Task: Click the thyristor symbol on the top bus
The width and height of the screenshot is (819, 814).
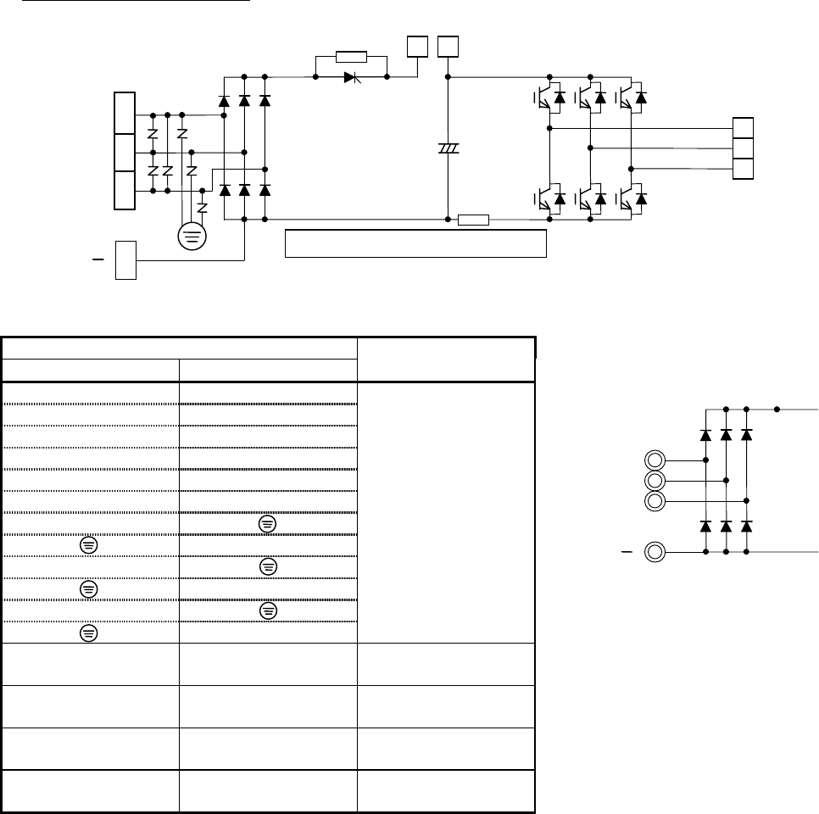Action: click(x=350, y=77)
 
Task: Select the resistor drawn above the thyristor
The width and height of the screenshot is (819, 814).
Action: click(x=350, y=57)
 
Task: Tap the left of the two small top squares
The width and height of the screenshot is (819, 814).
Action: click(x=416, y=47)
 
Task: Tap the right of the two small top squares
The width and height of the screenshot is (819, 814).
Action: click(x=447, y=47)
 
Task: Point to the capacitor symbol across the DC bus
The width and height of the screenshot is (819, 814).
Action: click(x=448, y=148)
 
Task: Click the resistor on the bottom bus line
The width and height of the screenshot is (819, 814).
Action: click(x=473, y=220)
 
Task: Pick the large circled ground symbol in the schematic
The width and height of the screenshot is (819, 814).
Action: click(x=192, y=235)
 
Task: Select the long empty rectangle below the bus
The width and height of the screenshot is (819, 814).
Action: click(x=415, y=243)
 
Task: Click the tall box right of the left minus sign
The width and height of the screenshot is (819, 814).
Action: click(x=125, y=259)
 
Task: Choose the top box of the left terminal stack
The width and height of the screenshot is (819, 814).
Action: click(x=125, y=113)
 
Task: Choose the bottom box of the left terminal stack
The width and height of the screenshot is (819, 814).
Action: click(x=125, y=191)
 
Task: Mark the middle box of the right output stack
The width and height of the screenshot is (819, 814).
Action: click(x=743, y=148)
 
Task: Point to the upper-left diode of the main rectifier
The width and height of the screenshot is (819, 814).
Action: click(x=225, y=101)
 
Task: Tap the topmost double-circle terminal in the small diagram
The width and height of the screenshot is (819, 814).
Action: click(x=654, y=460)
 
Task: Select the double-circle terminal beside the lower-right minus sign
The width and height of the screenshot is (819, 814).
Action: click(x=654, y=553)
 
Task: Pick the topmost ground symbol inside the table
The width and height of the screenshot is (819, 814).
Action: click(x=266, y=525)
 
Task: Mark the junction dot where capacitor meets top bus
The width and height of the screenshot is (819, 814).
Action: click(x=448, y=77)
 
